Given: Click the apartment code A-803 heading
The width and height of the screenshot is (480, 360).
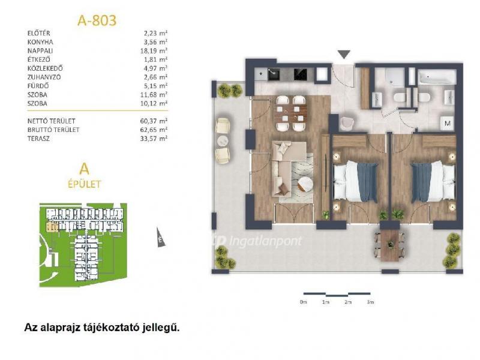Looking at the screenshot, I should click(x=97, y=19).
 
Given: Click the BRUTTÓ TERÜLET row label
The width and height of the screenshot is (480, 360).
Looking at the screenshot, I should click(x=53, y=129).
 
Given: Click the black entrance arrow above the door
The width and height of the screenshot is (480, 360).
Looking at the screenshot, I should click(x=343, y=55).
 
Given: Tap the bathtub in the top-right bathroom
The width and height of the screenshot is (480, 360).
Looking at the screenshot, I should click(x=436, y=76).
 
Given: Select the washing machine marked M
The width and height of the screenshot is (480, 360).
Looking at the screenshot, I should click(x=447, y=124).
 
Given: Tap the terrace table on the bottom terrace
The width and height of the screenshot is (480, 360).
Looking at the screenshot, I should click(x=391, y=244).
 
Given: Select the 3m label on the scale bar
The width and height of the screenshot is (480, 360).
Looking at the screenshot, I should click(x=370, y=304).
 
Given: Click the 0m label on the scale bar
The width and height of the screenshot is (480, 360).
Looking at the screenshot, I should click(x=303, y=304).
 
